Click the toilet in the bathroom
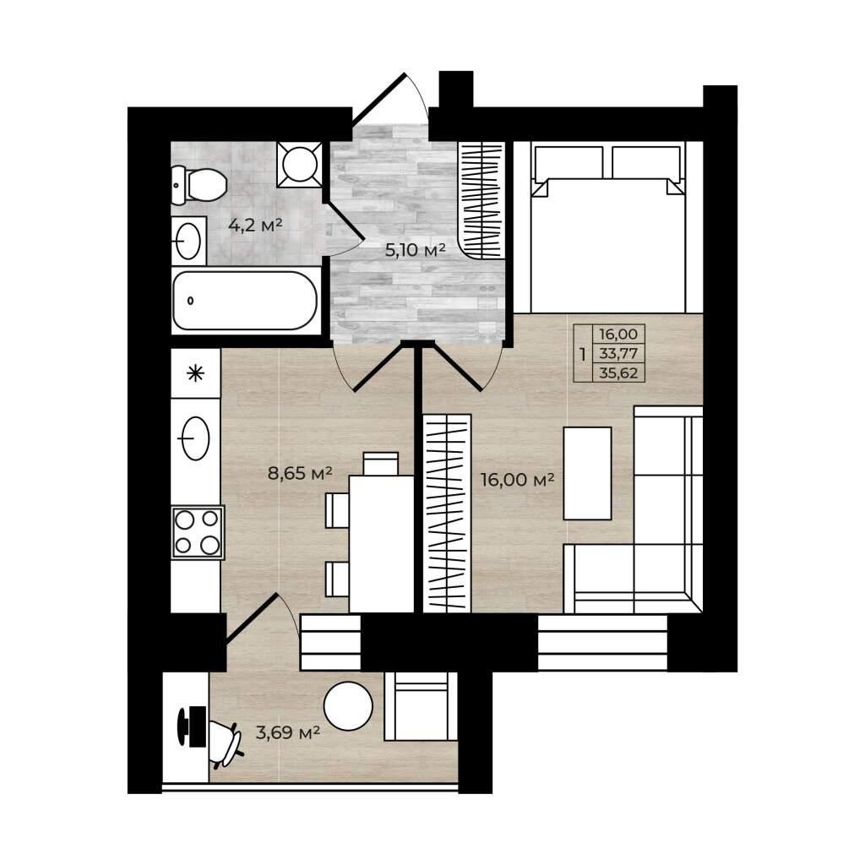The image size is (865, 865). click(x=199, y=185)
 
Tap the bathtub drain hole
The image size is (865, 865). click(x=191, y=301)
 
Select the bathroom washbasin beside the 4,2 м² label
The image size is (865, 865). click(x=188, y=241)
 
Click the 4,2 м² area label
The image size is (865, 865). click(x=255, y=225)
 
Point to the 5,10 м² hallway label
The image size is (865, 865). click(x=415, y=250)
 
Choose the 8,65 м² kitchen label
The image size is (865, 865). click(x=300, y=473)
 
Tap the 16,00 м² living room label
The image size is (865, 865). click(x=517, y=480)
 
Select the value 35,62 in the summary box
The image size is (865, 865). click(x=618, y=373)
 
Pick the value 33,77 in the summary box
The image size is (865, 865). click(x=618, y=353)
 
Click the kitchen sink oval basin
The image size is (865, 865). click(x=196, y=438)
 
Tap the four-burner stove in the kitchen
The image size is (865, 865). click(x=197, y=533)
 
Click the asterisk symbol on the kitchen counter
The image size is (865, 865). click(x=195, y=373)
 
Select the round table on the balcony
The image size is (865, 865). click(x=348, y=706)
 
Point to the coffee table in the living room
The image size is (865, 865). click(x=587, y=473)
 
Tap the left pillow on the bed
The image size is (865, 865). click(x=568, y=162)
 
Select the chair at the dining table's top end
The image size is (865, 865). click(x=381, y=464)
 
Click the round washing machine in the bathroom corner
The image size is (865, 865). click(x=300, y=165)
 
